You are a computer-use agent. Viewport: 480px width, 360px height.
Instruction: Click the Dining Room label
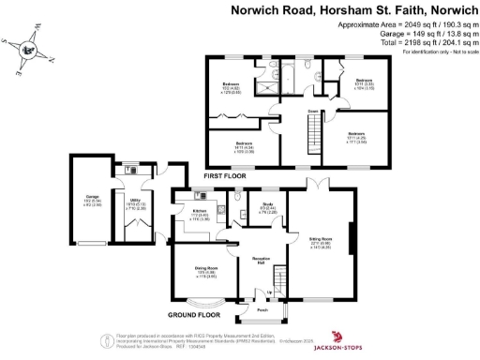pos(205,271)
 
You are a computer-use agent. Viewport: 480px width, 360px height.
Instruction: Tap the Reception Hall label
pos(259,261)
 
